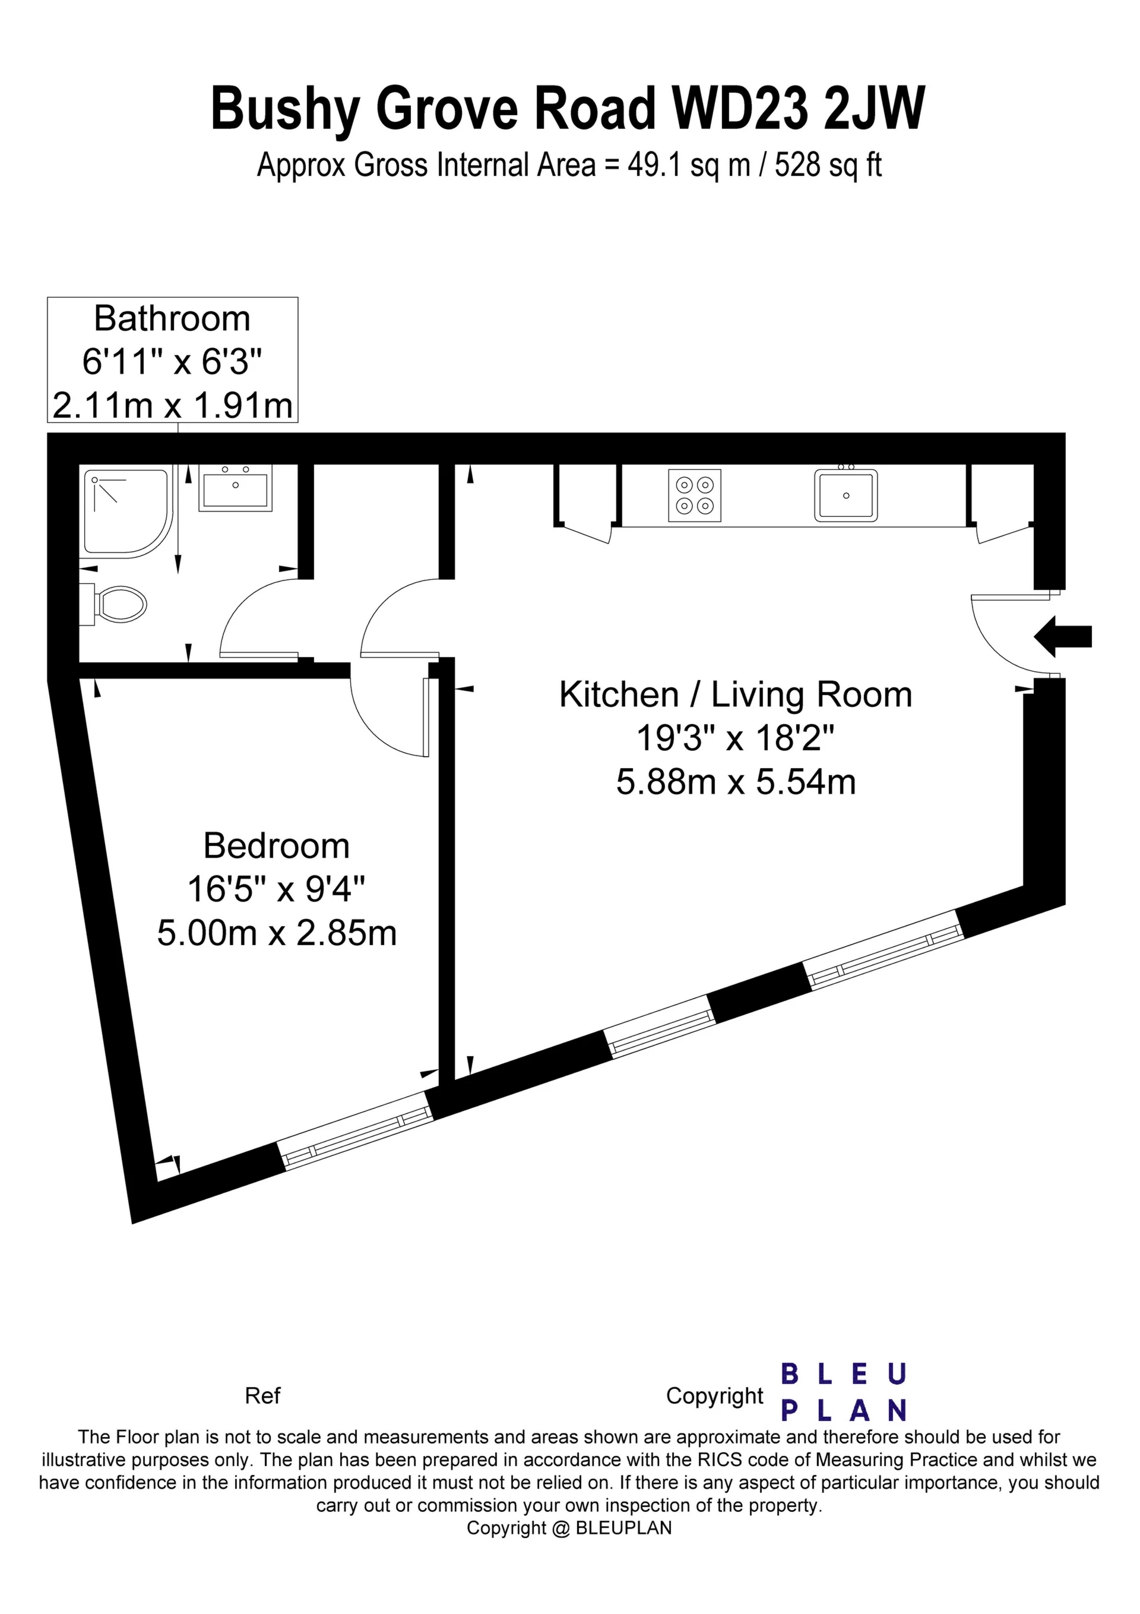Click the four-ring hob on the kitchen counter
click(695, 495)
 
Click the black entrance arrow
click(1063, 636)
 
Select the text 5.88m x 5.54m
click(736, 782)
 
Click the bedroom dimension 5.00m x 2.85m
click(277, 934)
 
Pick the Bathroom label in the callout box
click(172, 318)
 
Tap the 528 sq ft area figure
click(828, 166)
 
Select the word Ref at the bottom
click(262, 1395)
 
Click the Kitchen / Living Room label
click(736, 694)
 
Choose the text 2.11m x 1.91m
click(172, 406)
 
